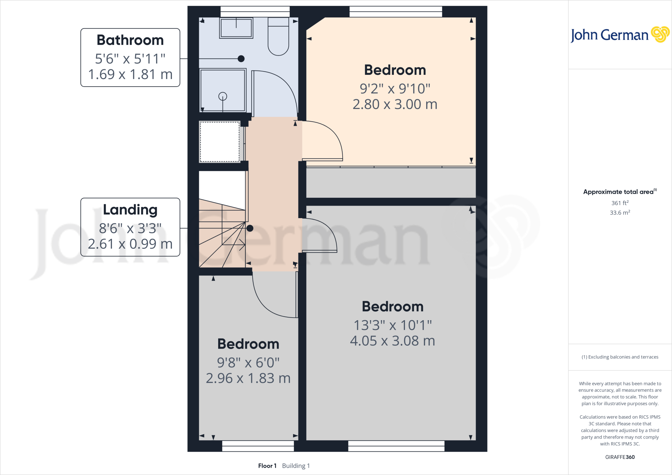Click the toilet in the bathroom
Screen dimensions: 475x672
point(278,38)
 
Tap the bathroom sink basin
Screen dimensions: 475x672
point(236,28)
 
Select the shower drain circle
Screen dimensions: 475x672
point(223,96)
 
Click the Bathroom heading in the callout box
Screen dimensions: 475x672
point(130,40)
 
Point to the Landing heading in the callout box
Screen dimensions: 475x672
point(130,210)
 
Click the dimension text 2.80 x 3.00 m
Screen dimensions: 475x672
point(395,104)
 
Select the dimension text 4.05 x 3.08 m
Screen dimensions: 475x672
point(392,341)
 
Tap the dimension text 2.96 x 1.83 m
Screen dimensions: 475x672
point(248,378)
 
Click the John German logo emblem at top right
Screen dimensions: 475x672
point(660,34)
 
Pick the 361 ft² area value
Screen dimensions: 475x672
point(620,203)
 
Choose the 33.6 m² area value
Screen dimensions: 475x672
point(620,213)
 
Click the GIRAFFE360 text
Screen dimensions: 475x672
point(620,457)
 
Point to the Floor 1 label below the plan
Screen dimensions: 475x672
point(267,466)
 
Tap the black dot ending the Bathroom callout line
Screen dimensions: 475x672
point(241,59)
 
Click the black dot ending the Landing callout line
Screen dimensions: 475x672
point(250,228)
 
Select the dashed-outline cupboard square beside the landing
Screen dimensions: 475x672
point(220,142)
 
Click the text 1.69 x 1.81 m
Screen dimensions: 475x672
point(130,74)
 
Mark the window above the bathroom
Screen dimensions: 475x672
point(255,12)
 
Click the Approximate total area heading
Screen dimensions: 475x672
point(619,192)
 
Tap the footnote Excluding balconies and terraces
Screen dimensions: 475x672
point(620,357)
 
